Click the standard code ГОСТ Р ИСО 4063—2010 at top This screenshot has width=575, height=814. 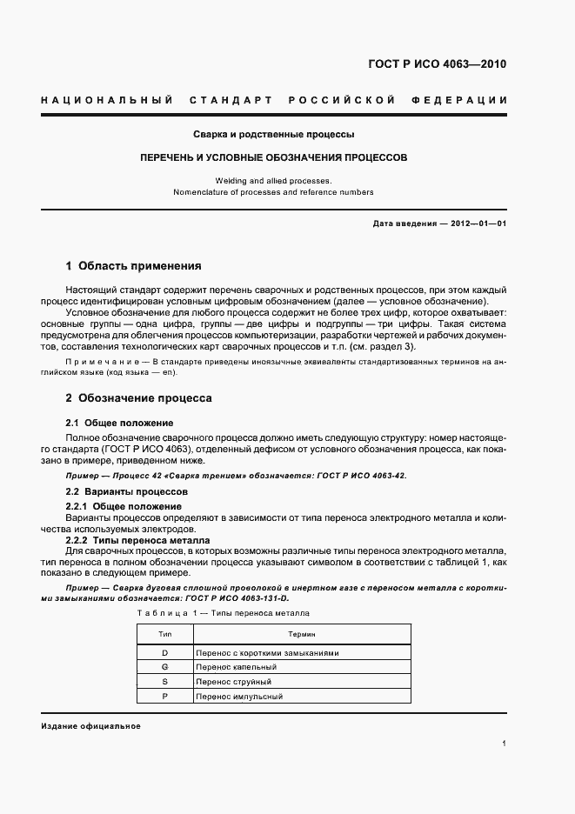pos(438,64)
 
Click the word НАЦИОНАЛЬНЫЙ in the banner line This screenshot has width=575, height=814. pos(106,100)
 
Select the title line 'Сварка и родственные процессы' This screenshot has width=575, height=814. pos(273,135)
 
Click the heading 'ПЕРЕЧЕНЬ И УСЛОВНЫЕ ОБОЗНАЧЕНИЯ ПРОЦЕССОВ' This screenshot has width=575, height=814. pos(273,159)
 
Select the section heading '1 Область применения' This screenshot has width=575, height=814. pos(133,266)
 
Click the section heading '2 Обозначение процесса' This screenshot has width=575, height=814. pos(138,398)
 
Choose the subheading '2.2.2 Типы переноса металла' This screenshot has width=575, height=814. pos(137,540)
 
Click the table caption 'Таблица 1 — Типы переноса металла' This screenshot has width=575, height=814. pos(224,613)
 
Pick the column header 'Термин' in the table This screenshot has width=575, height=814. pos(301,635)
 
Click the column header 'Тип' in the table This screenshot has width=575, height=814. pos(164,635)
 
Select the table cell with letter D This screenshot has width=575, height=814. pos(164,652)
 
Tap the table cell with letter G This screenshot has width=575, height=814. pos(164,667)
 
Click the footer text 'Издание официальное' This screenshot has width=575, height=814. pos(90,725)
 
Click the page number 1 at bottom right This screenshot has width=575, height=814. pos(504,744)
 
